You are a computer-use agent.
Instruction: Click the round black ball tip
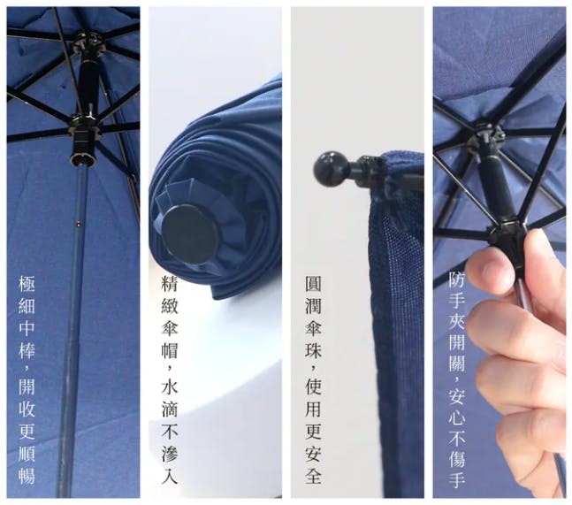(x=327, y=169)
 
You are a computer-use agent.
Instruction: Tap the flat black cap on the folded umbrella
(x=190, y=233)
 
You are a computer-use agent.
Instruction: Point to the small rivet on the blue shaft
(x=78, y=225)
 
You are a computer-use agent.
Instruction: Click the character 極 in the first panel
(x=27, y=284)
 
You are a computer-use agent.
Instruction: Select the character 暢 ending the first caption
(x=27, y=475)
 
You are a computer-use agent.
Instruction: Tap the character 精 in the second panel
(x=169, y=284)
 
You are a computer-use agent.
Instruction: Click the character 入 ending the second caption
(x=169, y=475)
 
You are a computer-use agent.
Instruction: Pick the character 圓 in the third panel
(x=313, y=284)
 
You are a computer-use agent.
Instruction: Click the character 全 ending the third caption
(x=313, y=475)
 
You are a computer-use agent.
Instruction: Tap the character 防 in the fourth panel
(x=457, y=279)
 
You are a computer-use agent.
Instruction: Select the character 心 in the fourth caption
(x=457, y=417)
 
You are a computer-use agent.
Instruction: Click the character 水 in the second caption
(x=169, y=386)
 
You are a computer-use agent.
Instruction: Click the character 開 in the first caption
(x=27, y=386)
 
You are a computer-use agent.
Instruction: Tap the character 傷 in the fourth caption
(x=457, y=458)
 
